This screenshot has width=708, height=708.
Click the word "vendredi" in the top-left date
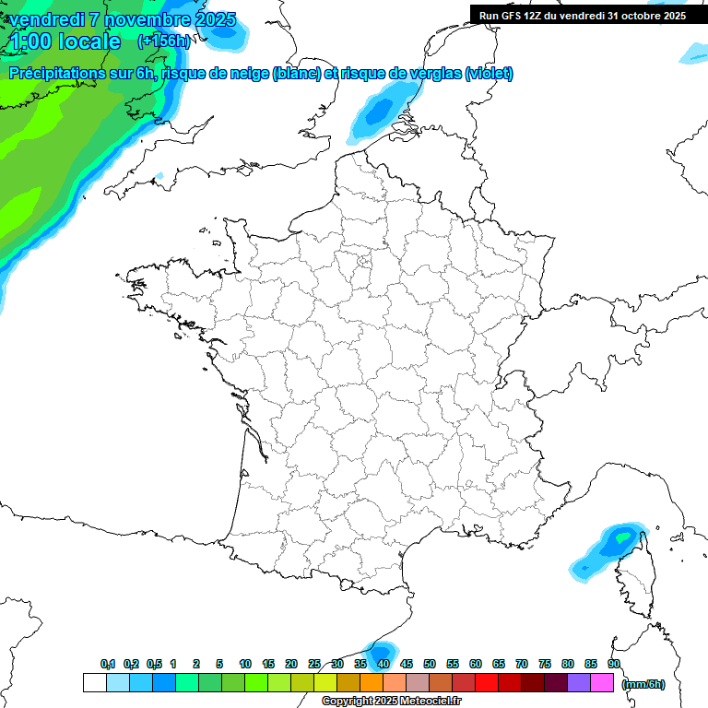[x=46, y=19]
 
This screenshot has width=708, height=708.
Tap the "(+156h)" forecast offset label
[x=164, y=41]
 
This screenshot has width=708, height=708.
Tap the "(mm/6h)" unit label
[x=643, y=684]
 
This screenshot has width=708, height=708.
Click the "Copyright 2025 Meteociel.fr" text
[x=391, y=702]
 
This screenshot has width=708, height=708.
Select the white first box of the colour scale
[x=94, y=683]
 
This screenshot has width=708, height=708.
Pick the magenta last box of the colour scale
[x=602, y=683]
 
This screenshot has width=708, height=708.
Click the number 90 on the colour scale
[x=614, y=664]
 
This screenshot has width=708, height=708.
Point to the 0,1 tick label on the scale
[x=108, y=664]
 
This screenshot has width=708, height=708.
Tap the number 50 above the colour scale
[x=430, y=664]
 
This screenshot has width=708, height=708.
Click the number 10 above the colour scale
[x=245, y=664]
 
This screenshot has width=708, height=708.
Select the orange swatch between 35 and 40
[x=372, y=683]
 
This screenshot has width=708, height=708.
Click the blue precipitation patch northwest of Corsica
[x=605, y=549]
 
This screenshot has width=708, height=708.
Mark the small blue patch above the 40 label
[x=380, y=649]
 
